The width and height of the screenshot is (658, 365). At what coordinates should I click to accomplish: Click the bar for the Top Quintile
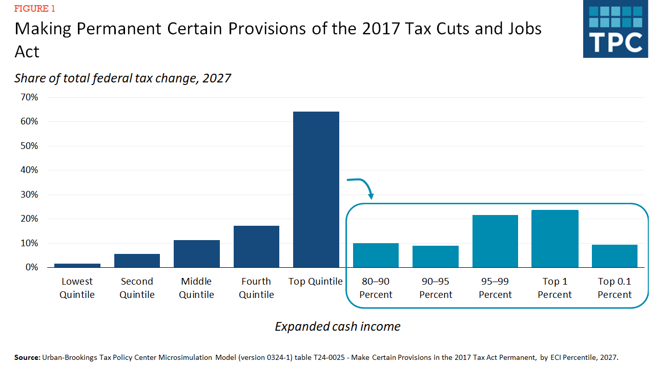(x=316, y=189)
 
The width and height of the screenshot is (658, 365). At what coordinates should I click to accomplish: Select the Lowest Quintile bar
(x=77, y=265)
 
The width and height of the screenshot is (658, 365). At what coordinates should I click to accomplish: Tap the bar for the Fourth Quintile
(x=256, y=246)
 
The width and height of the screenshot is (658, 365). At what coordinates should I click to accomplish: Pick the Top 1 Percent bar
(x=555, y=239)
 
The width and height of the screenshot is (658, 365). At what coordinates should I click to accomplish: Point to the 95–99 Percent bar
(x=495, y=241)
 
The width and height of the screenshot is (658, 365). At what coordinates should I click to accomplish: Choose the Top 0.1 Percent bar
(x=614, y=256)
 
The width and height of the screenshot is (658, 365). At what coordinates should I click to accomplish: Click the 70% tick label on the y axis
(x=28, y=97)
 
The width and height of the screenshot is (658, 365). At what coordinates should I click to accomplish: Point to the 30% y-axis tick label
(x=28, y=195)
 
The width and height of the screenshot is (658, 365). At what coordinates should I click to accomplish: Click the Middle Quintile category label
(x=196, y=288)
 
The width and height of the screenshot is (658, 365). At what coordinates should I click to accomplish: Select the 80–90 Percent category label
(x=376, y=288)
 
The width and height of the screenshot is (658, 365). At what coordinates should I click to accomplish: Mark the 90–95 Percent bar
(x=436, y=256)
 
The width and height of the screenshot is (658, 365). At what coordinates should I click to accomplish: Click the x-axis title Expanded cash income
(x=337, y=327)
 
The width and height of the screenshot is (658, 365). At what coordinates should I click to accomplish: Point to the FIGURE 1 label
(x=35, y=9)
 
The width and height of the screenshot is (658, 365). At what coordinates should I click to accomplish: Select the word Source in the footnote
(x=26, y=357)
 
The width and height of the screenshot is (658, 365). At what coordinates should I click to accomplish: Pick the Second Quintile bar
(x=137, y=261)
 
